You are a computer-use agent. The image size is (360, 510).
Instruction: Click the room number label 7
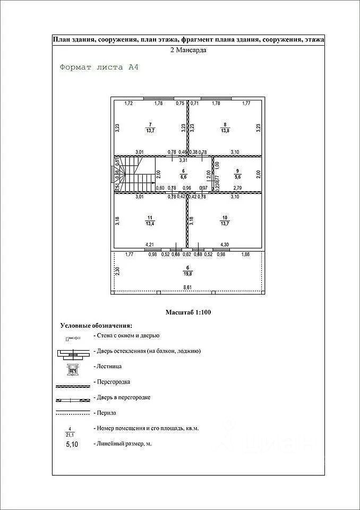tap(150, 124)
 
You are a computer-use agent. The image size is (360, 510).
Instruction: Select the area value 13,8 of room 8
tap(225, 131)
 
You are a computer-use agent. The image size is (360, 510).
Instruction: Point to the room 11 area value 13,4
tap(150, 224)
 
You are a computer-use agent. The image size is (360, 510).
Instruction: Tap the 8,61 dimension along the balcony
tap(187, 287)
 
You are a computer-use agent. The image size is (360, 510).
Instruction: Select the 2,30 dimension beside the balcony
tap(116, 271)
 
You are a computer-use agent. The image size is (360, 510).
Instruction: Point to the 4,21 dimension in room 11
tap(150, 244)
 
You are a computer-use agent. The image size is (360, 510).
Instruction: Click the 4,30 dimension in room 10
tap(225, 244)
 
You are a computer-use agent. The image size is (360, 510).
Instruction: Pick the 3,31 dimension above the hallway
tap(183, 160)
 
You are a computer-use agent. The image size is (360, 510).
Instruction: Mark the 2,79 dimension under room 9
tap(237, 188)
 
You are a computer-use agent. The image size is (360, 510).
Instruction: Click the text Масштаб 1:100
tap(188, 312)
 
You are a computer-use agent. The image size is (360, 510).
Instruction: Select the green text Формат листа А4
tap(99, 67)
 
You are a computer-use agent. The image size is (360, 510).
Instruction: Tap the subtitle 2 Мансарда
tap(188, 50)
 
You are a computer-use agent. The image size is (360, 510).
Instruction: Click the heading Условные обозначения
tap(96, 325)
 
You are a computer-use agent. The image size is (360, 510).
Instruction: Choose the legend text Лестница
tap(108, 367)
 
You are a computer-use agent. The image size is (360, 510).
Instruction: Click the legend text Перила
tap(105, 412)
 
